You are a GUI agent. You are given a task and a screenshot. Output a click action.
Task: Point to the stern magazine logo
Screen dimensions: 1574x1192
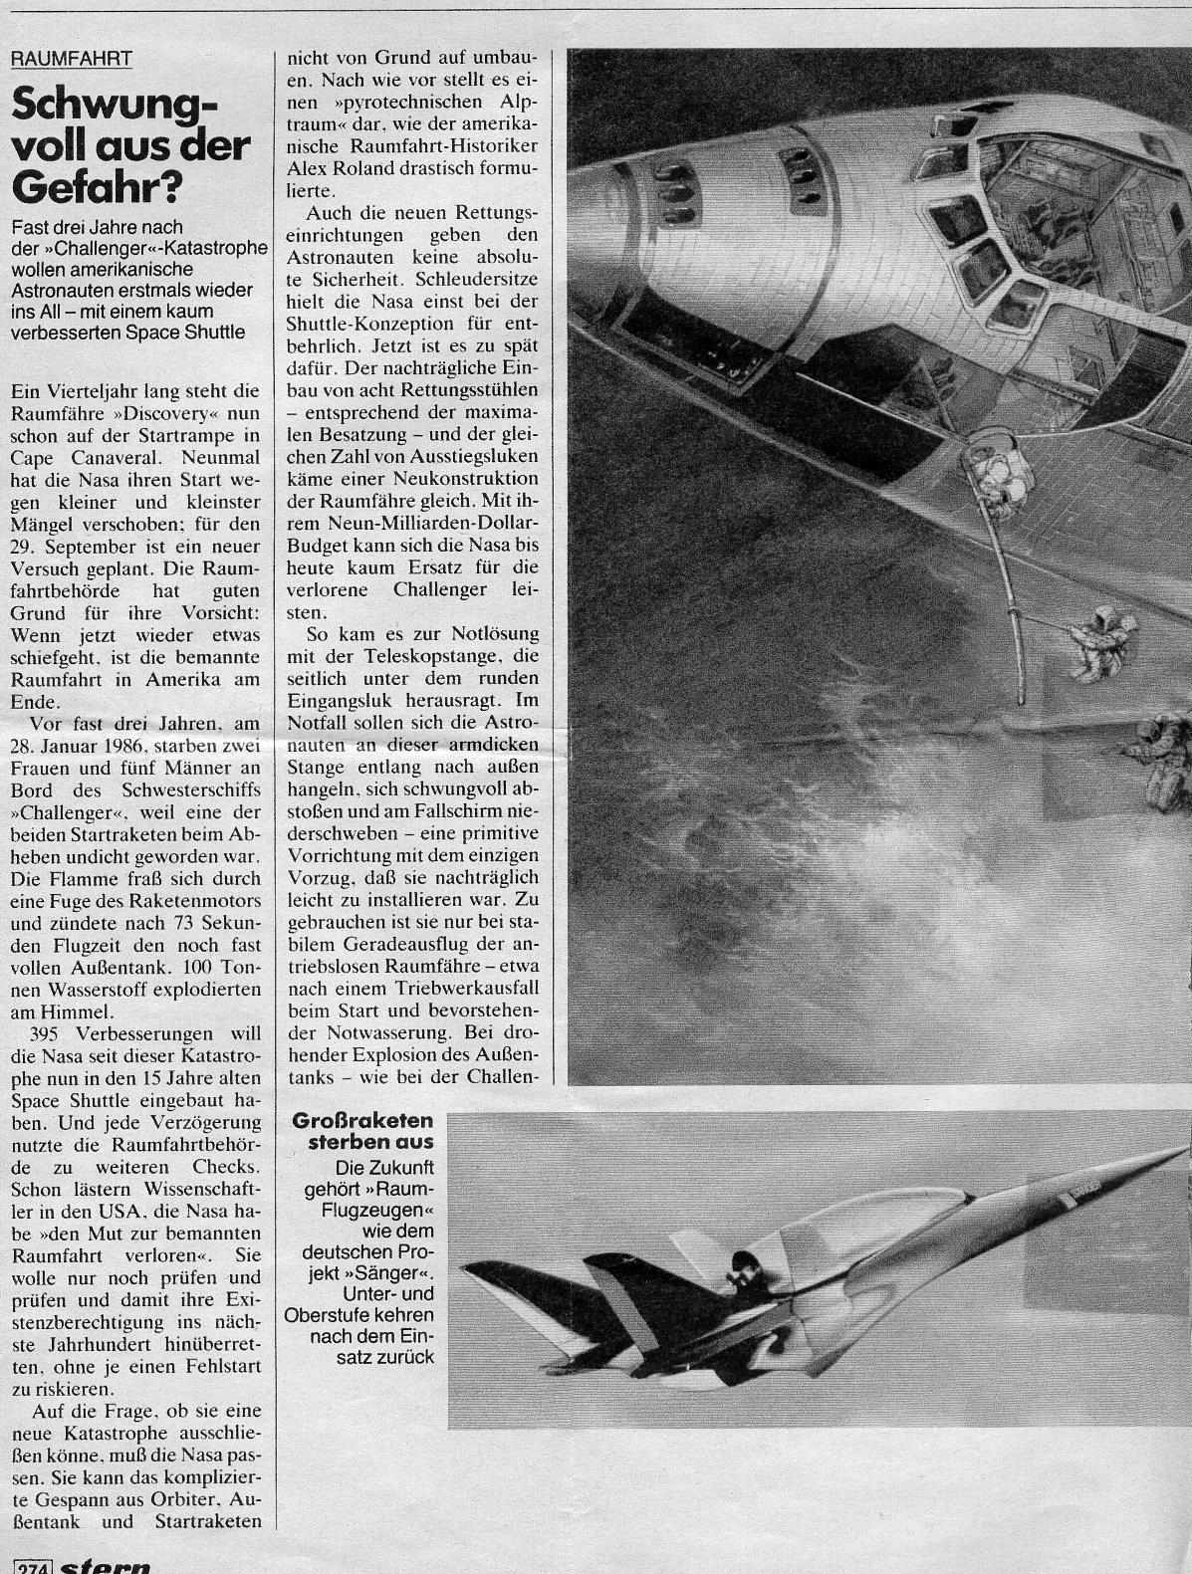point(106,1565)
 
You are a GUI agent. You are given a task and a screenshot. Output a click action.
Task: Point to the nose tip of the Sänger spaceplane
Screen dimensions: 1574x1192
point(1180,1148)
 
